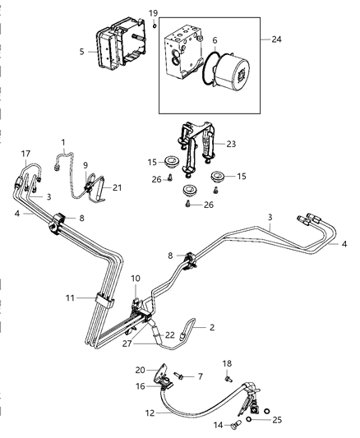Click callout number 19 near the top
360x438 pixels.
click(153, 13)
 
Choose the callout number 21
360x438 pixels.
click(117, 188)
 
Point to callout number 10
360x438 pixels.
click(134, 279)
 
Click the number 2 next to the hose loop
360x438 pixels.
click(211, 327)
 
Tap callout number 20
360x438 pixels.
click(140, 370)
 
